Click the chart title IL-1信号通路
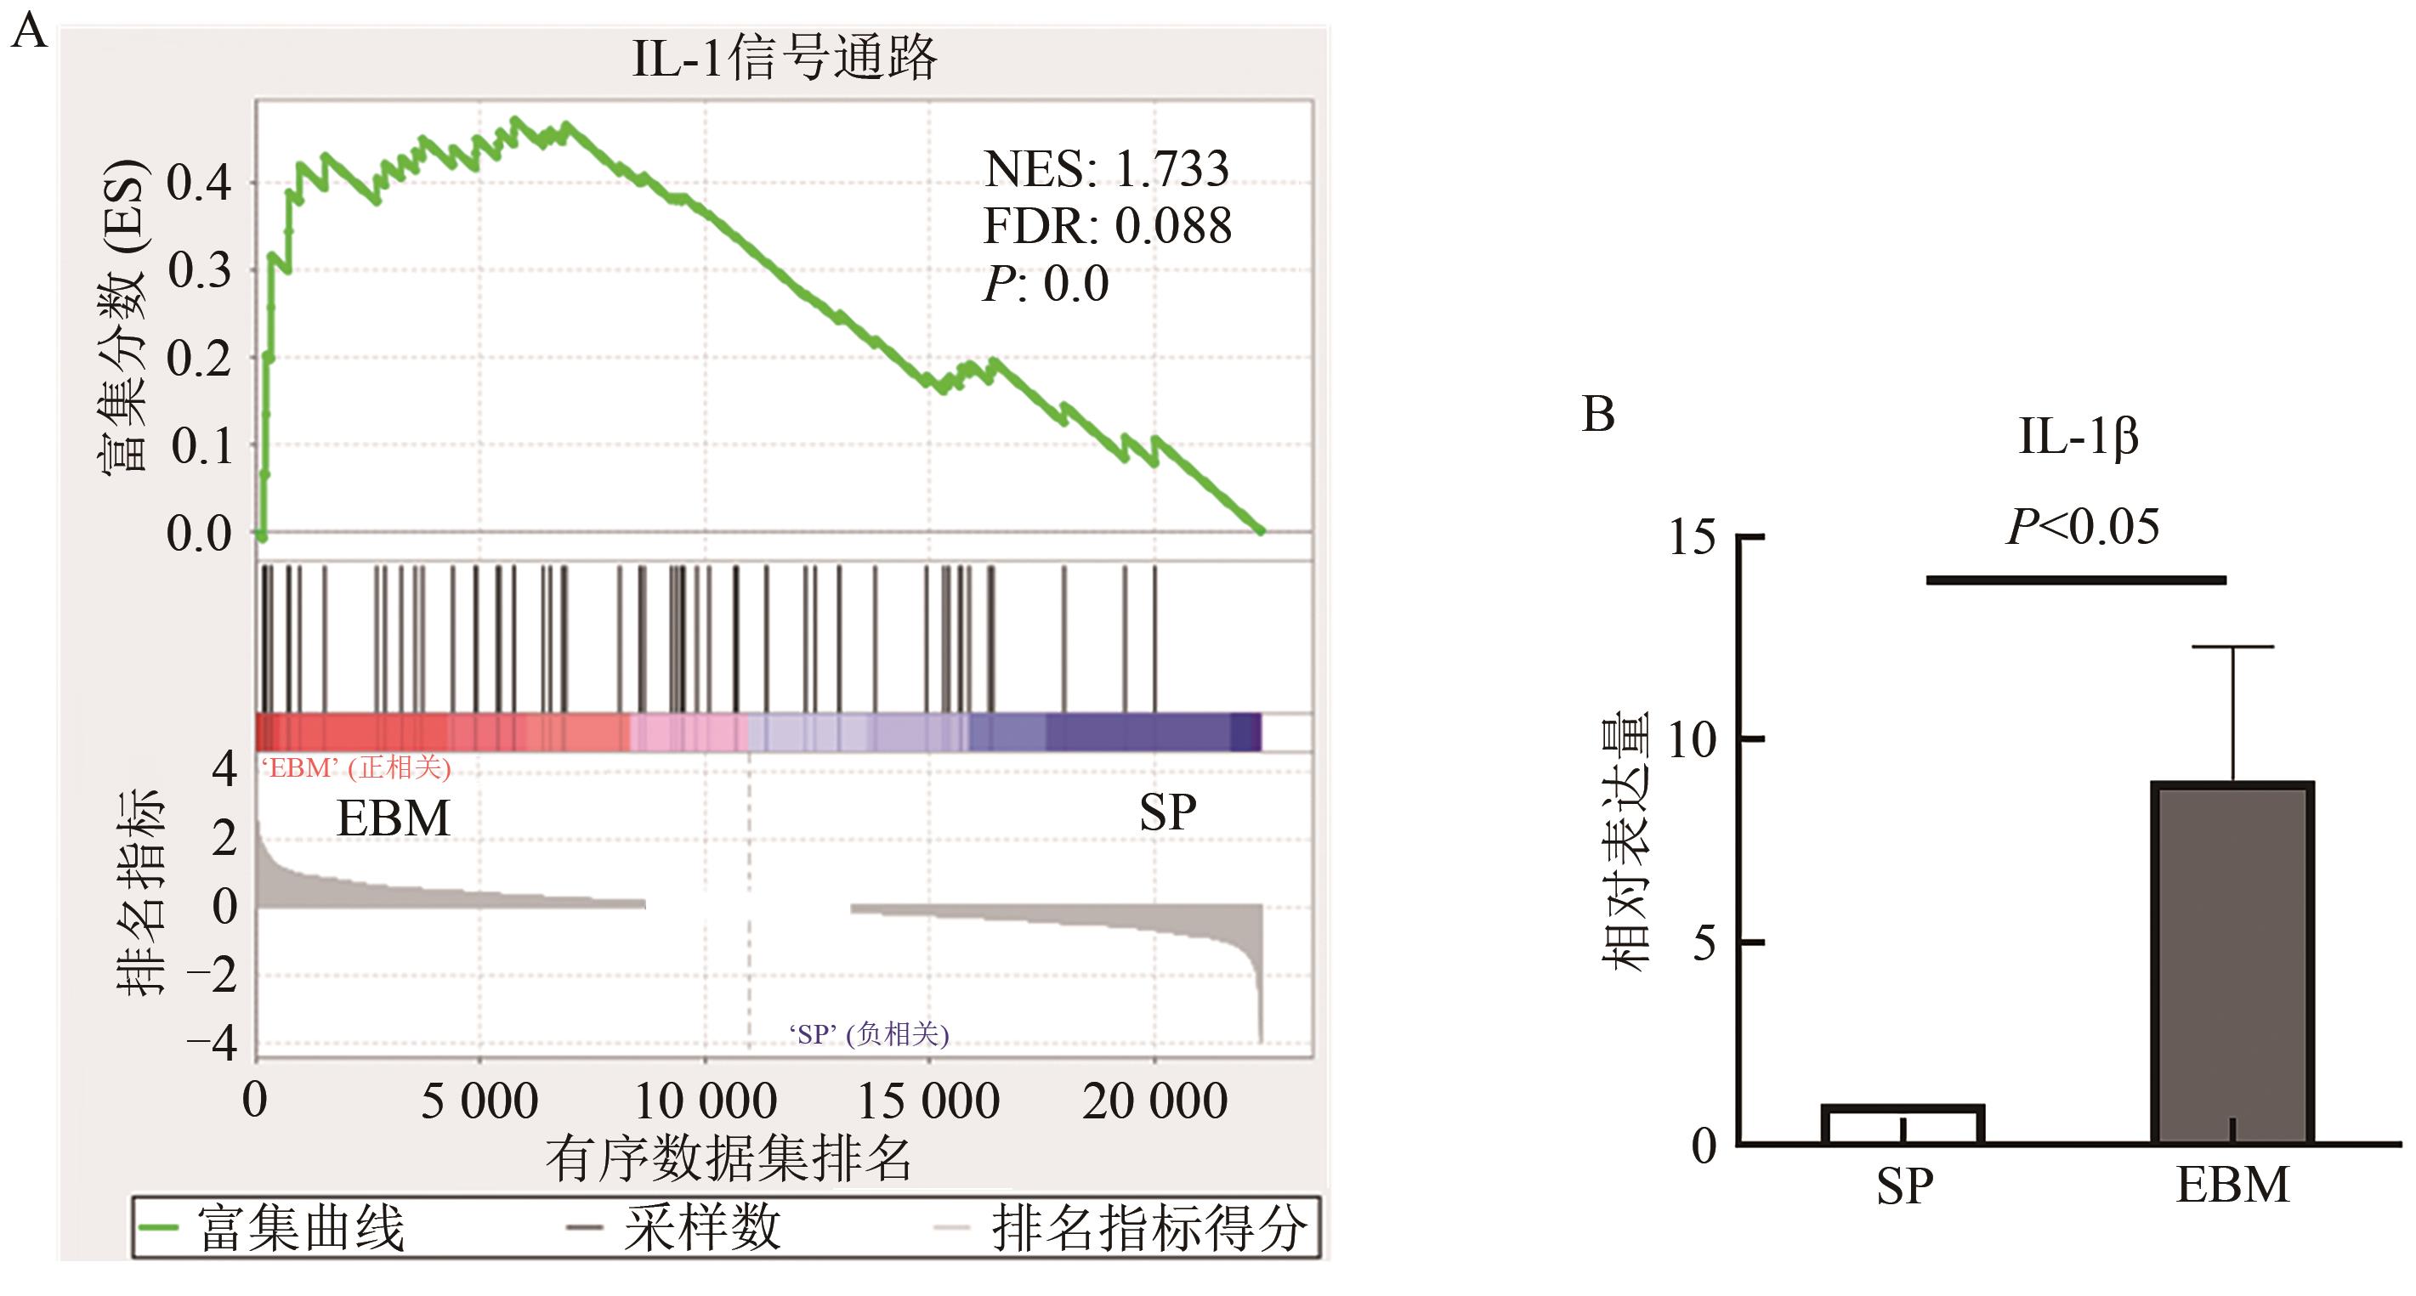tap(784, 58)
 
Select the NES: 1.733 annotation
tap(1106, 170)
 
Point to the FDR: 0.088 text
tap(1107, 226)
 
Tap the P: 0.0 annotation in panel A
tap(1046, 283)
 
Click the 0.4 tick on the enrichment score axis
tap(199, 183)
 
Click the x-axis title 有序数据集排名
tap(729, 1159)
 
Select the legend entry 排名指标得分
tap(1148, 1227)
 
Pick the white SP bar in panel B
tap(1903, 1125)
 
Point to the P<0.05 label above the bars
tap(2083, 527)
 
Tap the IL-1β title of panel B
tap(2079, 437)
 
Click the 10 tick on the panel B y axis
tap(1692, 741)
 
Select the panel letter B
tap(1598, 415)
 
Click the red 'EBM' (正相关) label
tap(356, 768)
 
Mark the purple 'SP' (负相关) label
tap(869, 1034)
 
